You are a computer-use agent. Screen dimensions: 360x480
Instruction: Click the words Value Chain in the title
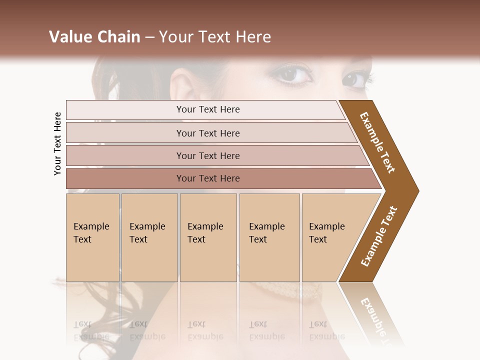pos(94,37)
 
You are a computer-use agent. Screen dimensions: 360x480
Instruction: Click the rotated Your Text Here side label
pos(57,143)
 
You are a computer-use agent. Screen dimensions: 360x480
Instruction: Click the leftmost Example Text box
pos(92,237)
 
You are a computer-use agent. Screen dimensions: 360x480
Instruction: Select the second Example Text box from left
pos(149,237)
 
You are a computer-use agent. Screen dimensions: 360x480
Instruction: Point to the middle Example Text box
pos(208,237)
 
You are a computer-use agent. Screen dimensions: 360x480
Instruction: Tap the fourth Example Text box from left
pos(269,237)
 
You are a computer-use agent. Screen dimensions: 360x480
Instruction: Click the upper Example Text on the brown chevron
pos(377,142)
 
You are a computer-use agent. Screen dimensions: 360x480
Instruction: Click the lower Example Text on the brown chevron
pos(379,236)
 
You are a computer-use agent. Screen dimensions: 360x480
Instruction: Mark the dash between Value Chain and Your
pos(149,37)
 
